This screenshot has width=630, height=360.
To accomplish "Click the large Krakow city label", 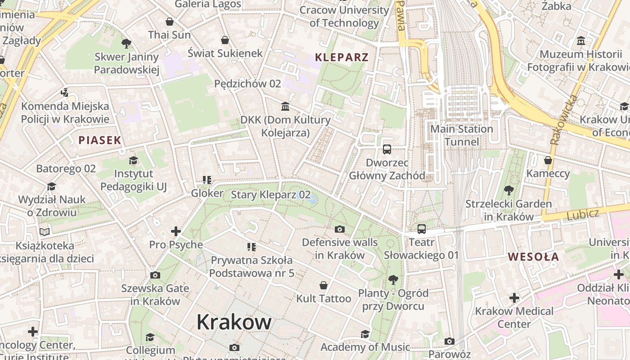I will pos(234,322).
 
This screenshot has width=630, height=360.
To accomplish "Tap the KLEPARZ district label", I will pos(342,57).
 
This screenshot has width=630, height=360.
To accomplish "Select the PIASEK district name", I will pos(100,140).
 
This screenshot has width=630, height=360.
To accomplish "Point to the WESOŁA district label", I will pos(533,257).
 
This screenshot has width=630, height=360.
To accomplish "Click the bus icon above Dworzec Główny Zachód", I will pos(387,149).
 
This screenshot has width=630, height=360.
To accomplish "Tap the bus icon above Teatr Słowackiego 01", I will pos(421,229).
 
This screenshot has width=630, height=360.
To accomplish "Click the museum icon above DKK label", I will pos(285,107).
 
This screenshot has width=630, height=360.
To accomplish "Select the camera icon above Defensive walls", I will pos(340,229).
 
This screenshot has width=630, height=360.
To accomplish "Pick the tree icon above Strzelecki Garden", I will pos(508,190).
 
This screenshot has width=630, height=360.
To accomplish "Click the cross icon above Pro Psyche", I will pos(176,231).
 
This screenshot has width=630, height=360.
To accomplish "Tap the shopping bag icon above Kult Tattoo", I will pos(323,285).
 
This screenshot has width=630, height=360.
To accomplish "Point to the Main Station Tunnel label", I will pos(462,135).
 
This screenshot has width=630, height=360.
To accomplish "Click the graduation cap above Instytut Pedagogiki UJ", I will pos(133,160).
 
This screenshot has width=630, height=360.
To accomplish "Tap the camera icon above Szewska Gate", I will pos(155,275).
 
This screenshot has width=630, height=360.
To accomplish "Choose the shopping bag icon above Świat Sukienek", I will pos(225,40).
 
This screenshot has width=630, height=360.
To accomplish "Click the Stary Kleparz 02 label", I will pos(270,195).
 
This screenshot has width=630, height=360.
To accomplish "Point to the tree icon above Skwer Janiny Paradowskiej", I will pos(126,44).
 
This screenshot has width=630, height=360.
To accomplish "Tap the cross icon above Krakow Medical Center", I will pos(514,298).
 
